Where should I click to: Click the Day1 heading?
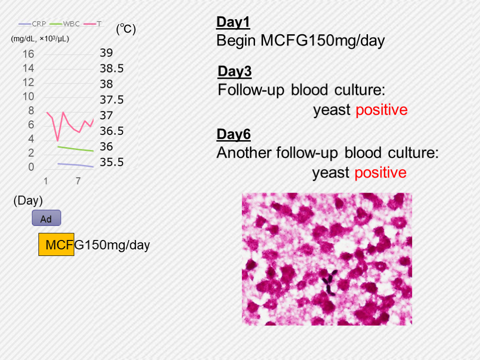(233, 22)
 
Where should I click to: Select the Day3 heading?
(234, 71)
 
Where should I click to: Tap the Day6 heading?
(233, 135)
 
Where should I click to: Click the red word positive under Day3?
(382, 110)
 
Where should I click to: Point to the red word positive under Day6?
(381, 173)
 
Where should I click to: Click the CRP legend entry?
(32, 24)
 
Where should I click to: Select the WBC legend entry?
(65, 24)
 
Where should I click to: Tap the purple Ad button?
(46, 218)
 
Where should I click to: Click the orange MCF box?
(56, 244)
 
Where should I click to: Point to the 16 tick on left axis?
(28, 54)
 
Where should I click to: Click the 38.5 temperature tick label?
(112, 68)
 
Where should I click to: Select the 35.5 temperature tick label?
(112, 162)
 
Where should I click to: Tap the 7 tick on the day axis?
(78, 181)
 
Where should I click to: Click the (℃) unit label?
(126, 29)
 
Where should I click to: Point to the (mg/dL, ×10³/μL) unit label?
(40, 39)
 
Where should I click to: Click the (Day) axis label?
(28, 201)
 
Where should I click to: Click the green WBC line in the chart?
(75, 149)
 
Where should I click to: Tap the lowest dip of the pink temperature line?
(58, 141)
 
